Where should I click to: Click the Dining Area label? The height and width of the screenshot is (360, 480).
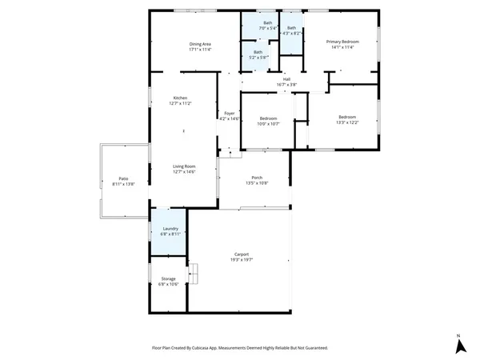pos(200,44)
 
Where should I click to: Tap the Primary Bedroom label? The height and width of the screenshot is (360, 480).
pos(342,42)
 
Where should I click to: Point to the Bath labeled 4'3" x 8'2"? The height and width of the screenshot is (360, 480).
pos(291,29)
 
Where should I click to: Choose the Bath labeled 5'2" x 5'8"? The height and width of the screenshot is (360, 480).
pos(258,53)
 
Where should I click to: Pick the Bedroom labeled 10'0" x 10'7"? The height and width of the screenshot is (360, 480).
pos(268,118)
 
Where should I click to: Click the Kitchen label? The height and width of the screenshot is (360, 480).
pos(180,98)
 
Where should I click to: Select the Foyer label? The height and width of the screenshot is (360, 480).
pos(230,114)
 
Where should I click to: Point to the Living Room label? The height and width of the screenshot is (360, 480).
pos(184,166)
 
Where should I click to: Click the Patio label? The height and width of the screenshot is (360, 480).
pos(124,178)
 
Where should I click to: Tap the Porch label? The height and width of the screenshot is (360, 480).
pos(257,178)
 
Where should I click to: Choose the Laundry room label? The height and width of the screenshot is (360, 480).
pos(168,229)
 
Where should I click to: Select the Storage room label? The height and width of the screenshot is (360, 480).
pos(168,279)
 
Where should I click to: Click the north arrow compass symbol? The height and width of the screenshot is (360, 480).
pos(460,346)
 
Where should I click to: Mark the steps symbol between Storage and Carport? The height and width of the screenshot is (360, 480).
pos(192,274)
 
